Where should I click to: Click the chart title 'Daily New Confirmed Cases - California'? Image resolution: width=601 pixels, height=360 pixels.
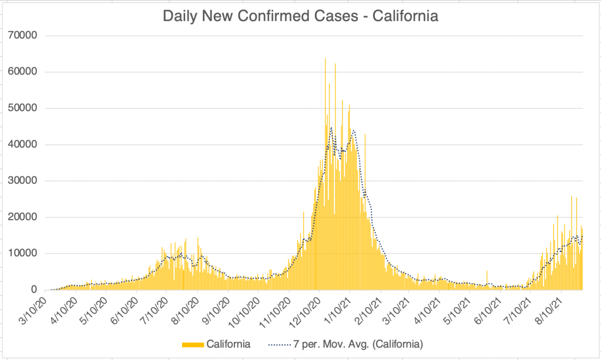tap(301, 16)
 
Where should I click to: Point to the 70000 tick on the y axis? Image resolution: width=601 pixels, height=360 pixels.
tap(24, 36)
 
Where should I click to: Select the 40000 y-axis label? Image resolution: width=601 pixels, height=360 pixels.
tap(24, 144)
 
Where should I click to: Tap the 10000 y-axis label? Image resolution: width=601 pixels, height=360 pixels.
tap(24, 254)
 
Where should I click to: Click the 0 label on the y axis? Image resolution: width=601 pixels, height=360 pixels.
tap(35, 290)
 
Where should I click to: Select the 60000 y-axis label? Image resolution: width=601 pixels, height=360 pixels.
tap(24, 72)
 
